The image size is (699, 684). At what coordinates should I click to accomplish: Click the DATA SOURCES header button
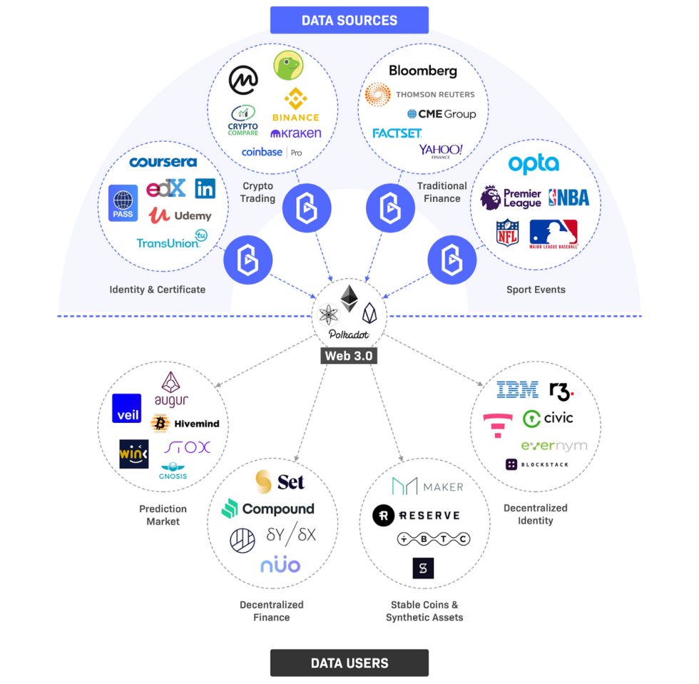tap(349, 20)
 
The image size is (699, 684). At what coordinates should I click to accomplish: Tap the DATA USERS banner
tap(349, 663)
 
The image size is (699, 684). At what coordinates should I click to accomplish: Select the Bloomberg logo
tap(423, 71)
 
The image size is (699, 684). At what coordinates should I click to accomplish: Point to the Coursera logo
tap(163, 162)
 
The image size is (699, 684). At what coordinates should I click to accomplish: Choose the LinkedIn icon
tap(205, 188)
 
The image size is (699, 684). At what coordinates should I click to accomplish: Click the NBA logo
tap(569, 198)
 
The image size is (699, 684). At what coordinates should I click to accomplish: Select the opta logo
tap(534, 164)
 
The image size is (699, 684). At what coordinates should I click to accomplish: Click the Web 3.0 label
tap(349, 355)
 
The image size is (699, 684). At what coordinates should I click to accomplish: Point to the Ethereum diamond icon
tap(349, 299)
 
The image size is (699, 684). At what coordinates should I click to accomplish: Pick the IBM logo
tap(517, 390)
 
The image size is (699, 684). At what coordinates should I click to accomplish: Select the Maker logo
tap(427, 486)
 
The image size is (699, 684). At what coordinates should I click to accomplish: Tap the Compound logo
tap(268, 509)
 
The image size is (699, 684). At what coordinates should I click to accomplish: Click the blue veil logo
tap(127, 408)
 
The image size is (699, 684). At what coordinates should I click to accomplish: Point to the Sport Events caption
tap(536, 290)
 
